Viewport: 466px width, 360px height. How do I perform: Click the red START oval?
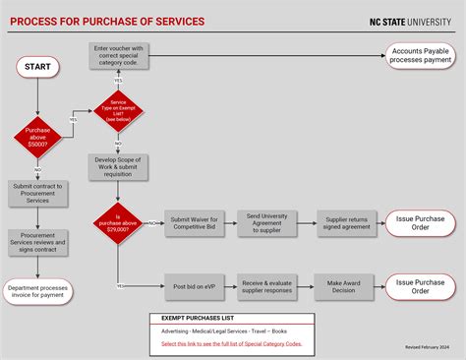pos(38,67)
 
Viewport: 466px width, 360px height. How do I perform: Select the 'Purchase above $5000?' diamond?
pos(38,137)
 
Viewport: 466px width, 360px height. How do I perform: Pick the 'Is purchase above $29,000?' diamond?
pos(118,223)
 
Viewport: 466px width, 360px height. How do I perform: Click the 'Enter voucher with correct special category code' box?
pos(118,57)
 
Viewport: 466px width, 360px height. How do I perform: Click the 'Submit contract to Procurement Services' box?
pos(38,193)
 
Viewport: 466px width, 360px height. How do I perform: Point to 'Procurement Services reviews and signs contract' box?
pos(38,243)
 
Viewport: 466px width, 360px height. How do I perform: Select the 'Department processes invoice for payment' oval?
pos(38,292)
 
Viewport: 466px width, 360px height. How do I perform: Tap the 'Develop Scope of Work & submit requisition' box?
pos(118,166)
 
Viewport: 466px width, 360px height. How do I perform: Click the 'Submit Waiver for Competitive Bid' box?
pos(194,223)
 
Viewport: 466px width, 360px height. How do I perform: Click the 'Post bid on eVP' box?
pos(194,286)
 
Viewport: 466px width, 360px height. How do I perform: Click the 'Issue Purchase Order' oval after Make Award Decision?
pos(420,286)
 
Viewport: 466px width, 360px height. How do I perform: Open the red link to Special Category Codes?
pos(232,343)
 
